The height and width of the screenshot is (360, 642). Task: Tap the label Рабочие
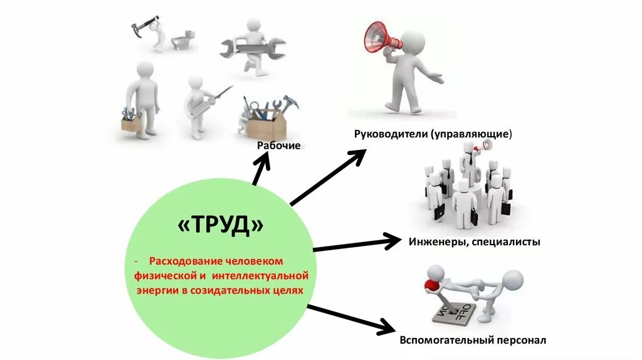279,146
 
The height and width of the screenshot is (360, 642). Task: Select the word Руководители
390,134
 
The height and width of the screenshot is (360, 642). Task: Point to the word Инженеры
435,241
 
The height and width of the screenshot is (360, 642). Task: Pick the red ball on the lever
431,285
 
